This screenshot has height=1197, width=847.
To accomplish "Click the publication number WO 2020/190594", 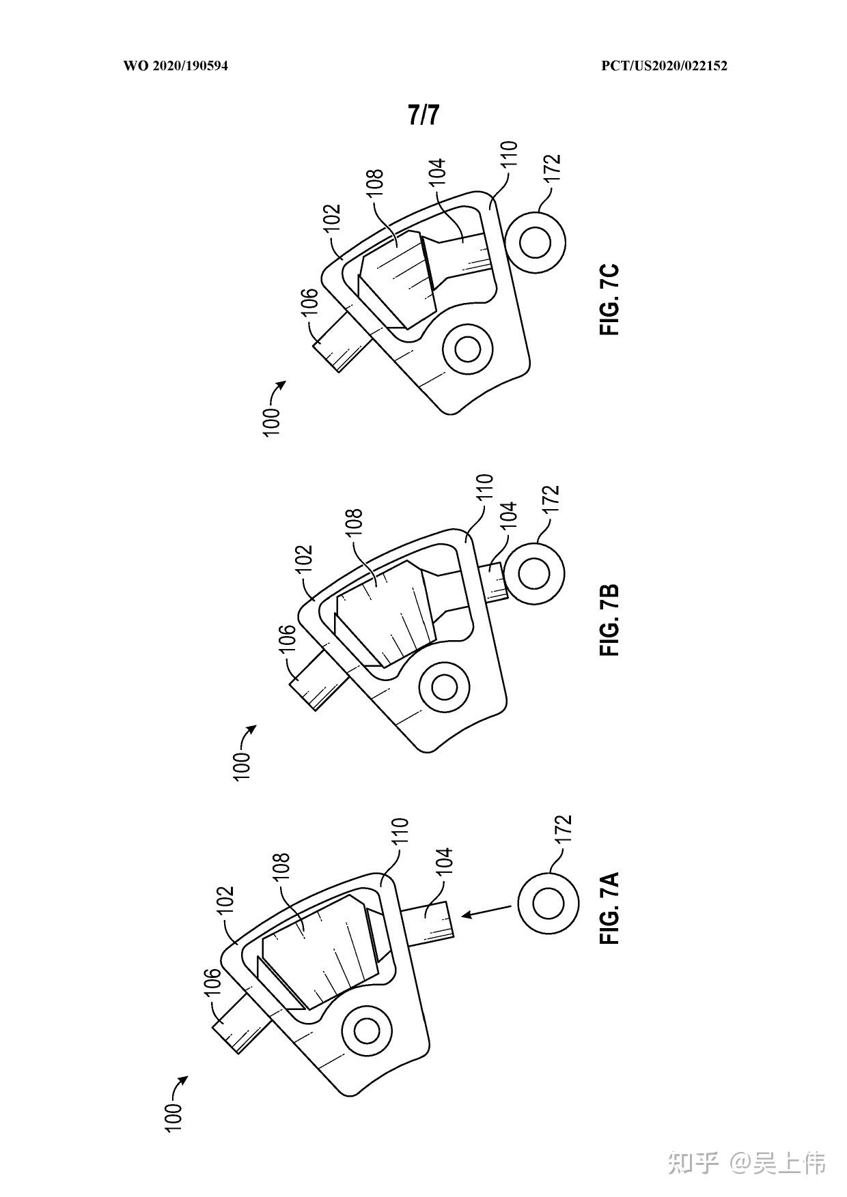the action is click(176, 66).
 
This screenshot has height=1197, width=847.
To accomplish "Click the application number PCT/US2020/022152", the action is click(664, 66).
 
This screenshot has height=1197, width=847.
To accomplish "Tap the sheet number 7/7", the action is click(423, 115).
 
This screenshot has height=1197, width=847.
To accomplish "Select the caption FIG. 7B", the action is click(609, 620).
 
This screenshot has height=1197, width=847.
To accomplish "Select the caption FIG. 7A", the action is click(609, 907).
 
